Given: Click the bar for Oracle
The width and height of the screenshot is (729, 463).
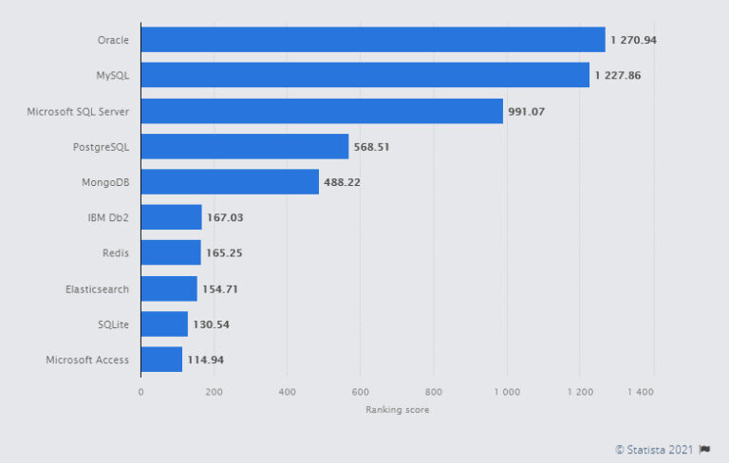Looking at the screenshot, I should click(x=373, y=40).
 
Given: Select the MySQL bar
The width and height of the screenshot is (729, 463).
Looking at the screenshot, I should click(x=365, y=75).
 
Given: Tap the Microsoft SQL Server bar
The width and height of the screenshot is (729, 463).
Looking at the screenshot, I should click(x=322, y=111).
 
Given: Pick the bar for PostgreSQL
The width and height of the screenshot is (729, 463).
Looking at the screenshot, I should click(x=245, y=146).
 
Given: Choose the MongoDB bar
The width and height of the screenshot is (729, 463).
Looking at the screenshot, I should click(x=230, y=182).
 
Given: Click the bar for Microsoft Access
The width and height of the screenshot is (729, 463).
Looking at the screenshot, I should click(x=161, y=360).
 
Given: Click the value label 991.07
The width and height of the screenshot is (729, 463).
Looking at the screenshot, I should click(x=527, y=111).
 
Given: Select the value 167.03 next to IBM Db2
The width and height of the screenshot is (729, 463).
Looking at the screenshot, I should click(x=225, y=217).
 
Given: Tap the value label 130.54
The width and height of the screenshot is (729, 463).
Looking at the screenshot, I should click(x=211, y=324).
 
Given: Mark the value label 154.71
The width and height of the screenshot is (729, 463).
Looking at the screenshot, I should click(x=220, y=288).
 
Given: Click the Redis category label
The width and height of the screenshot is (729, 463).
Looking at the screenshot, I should click(x=116, y=253).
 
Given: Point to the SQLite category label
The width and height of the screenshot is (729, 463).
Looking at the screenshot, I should click(x=113, y=324).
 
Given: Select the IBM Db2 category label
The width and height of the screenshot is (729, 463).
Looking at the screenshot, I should click(x=108, y=217).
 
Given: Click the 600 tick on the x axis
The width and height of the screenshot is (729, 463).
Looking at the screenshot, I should click(x=360, y=391).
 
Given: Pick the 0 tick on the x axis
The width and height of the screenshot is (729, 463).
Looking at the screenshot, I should click(x=140, y=391).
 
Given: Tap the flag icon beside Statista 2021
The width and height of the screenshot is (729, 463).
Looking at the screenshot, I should click(x=704, y=449).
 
